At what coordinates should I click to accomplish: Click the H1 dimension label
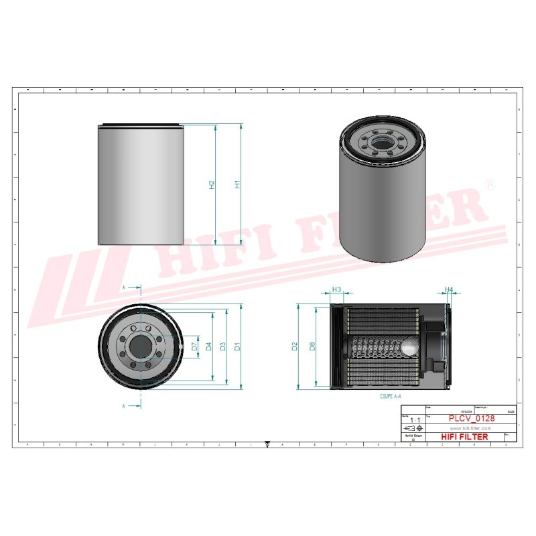(x=237, y=184)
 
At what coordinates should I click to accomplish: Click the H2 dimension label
(x=212, y=184)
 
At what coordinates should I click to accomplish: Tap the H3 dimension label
(x=337, y=290)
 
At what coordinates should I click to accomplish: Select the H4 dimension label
(x=450, y=290)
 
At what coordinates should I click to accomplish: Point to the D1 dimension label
(x=237, y=346)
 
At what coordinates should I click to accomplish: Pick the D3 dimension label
(x=223, y=346)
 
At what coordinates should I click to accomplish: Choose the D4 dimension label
(x=209, y=346)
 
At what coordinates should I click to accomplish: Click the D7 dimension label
(x=194, y=346)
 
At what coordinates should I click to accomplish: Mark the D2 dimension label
(x=294, y=346)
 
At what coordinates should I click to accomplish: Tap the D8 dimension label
(x=312, y=346)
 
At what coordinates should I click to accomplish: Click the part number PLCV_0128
(x=472, y=419)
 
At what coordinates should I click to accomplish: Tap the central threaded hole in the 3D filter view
(x=381, y=142)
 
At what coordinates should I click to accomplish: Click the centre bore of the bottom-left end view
(x=141, y=346)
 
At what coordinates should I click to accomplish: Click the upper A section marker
(x=124, y=287)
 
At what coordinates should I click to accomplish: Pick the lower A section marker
(x=124, y=406)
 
